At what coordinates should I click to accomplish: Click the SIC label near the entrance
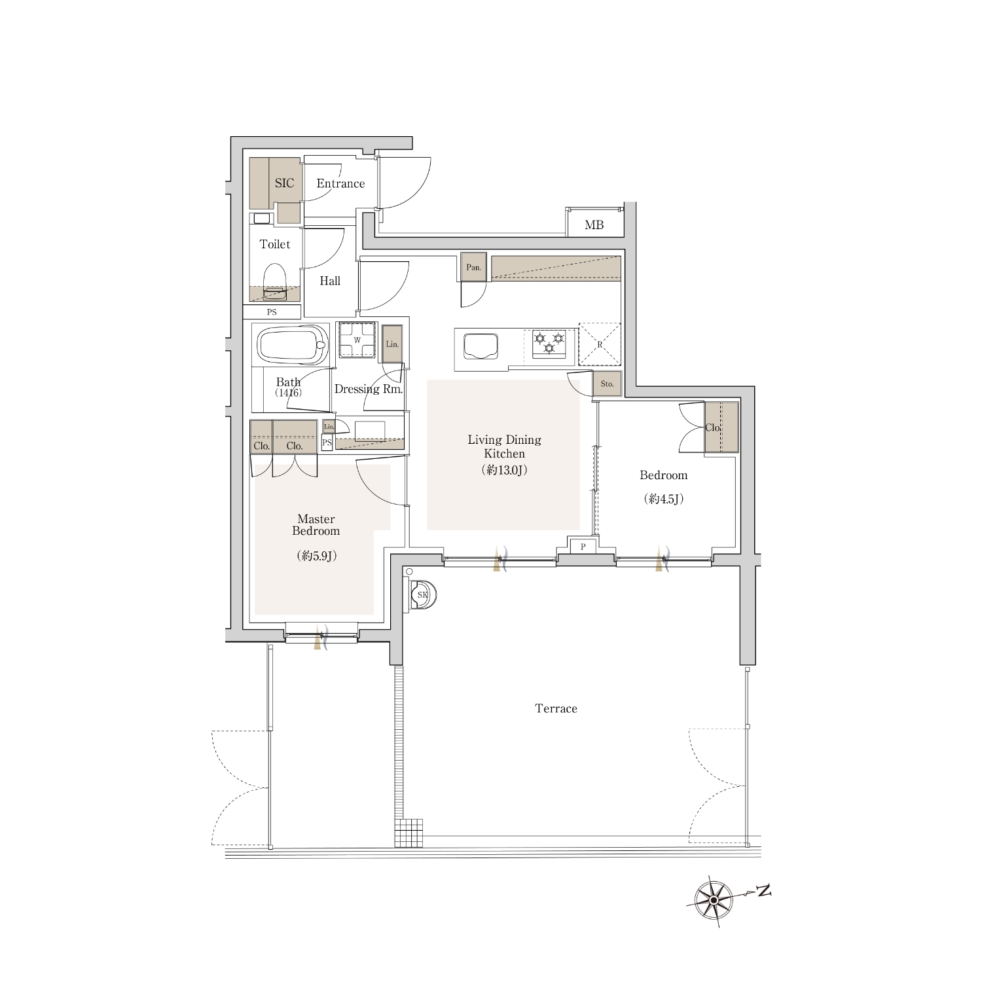284,183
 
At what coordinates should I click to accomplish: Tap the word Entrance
340,183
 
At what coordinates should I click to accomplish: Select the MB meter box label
594,225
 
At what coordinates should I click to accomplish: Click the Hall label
330,281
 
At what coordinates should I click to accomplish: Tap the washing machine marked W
357,340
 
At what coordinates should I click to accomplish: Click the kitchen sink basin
481,346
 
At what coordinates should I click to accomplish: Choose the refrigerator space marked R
600,343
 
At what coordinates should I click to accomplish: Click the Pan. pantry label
473,268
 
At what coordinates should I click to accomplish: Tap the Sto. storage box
607,384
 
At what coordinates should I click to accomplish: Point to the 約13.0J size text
504,470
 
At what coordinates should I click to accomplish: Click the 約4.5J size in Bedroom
664,499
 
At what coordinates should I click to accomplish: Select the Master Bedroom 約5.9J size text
316,556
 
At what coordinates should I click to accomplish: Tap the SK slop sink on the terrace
422,595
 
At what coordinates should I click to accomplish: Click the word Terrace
556,708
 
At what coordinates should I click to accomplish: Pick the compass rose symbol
713,901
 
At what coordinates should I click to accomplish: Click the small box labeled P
583,546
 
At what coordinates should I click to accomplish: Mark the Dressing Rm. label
369,389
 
